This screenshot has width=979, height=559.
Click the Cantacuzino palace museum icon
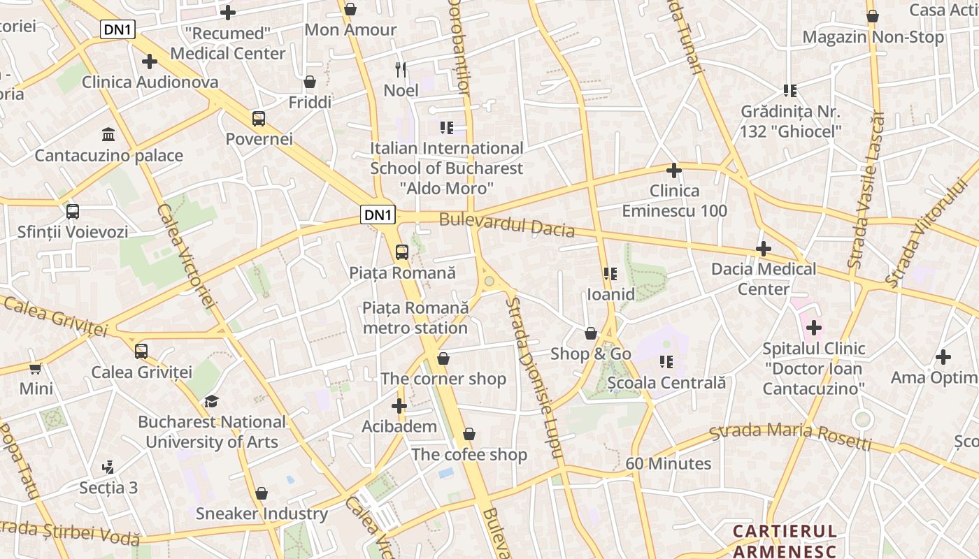pos(108,133)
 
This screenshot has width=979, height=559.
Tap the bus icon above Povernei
pos(259,118)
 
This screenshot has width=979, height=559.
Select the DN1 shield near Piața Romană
pos(378,215)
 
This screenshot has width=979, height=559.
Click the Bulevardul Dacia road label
pos(506,225)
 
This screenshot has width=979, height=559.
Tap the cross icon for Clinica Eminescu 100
pos(673,170)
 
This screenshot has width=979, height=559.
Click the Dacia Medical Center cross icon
pos(764,248)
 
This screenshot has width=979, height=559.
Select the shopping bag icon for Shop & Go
pos(591,333)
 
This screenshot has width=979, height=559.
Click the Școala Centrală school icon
pos(666,362)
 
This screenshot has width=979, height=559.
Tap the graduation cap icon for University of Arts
pos(211,401)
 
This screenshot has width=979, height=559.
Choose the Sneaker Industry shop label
pos(262,514)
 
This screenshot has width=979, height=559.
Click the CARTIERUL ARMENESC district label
pos(785,542)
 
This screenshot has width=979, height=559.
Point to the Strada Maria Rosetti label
pos(790,436)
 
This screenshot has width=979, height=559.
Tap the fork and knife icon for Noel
pos(401,69)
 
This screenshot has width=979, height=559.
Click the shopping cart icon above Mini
pos(36,368)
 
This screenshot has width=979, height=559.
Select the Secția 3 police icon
pos(108,467)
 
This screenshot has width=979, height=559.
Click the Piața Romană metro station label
pos(415,317)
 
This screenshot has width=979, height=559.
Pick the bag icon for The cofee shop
pos(469,434)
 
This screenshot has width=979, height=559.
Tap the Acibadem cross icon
pos(399,405)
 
